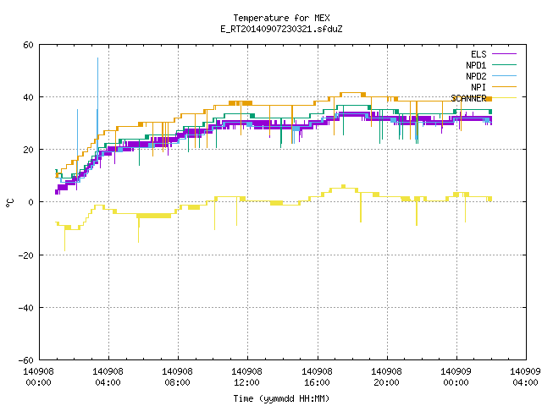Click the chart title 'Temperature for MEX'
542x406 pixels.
281,18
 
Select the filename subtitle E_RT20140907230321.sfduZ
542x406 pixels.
281,29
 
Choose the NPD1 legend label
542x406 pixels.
476,65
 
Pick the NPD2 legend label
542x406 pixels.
476,76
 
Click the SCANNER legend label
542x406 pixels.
468,98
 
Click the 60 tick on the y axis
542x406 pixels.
28,45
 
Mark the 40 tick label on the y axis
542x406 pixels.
28,97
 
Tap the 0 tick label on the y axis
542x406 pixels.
31,202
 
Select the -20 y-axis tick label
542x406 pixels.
26,255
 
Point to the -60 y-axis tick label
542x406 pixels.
26,360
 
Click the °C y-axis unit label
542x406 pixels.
9,203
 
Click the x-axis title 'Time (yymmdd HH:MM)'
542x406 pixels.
281,398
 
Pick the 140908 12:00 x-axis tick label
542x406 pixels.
246,377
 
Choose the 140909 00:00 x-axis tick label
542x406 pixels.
456,377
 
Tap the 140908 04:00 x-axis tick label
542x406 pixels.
108,377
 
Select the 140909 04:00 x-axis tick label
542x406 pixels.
525,377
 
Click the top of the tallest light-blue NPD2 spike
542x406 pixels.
98,58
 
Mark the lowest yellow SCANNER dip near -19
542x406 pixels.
64,250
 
